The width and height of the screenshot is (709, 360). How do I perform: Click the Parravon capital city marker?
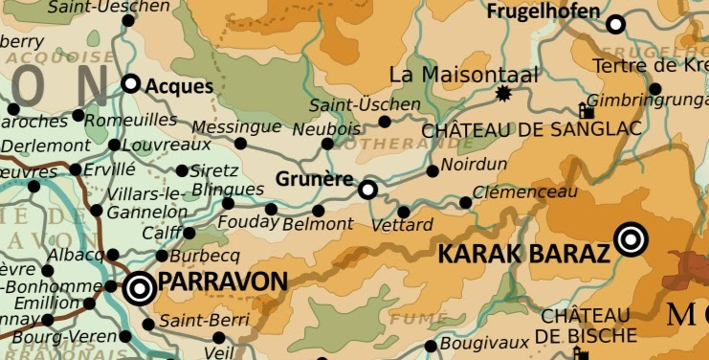[140, 286]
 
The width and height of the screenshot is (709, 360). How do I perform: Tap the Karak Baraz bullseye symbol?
[631, 238]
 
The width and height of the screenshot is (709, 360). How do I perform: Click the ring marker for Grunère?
[367, 190]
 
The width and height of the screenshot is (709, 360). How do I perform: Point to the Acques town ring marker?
[131, 83]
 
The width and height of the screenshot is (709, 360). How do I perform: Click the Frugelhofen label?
[543, 12]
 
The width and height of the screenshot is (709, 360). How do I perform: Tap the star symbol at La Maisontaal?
[503, 94]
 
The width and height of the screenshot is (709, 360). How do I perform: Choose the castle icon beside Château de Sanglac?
[586, 111]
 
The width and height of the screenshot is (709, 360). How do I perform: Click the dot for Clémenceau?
[466, 202]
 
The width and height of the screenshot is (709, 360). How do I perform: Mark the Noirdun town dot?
[432, 171]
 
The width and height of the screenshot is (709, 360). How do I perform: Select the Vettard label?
[406, 226]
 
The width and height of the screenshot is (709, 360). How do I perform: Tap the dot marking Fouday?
[271, 209]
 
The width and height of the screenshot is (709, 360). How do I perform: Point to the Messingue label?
[237, 126]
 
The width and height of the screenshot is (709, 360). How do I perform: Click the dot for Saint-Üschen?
[385, 122]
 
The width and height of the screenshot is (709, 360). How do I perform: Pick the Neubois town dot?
[327, 145]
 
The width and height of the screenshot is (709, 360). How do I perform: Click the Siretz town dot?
[183, 171]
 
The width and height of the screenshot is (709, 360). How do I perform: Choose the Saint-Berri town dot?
[147, 325]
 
